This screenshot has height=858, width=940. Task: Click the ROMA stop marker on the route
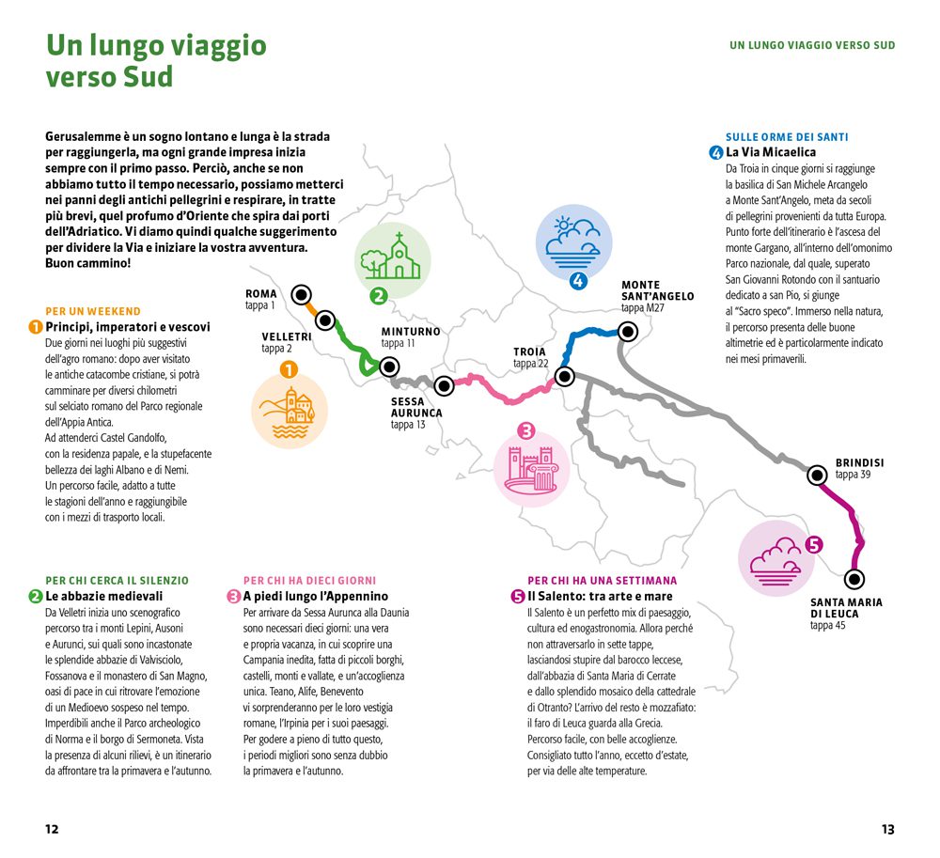click(x=301, y=294)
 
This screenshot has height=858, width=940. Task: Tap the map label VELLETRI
click(x=286, y=336)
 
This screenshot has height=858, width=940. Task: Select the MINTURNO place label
click(x=410, y=332)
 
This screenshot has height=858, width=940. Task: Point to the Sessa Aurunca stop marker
click(x=444, y=384)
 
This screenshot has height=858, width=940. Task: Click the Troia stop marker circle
click(x=564, y=376)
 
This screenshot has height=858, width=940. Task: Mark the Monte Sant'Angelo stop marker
click(x=628, y=331)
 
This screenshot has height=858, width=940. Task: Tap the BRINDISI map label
click(x=859, y=463)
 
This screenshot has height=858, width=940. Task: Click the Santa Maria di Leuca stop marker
click(x=854, y=579)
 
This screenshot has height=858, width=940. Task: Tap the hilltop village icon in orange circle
click(x=290, y=412)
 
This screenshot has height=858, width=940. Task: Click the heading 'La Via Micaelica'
click(x=770, y=152)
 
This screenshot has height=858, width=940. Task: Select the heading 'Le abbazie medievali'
click(x=103, y=596)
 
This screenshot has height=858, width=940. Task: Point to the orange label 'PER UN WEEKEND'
click(x=92, y=311)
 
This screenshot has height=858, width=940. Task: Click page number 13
click(x=887, y=830)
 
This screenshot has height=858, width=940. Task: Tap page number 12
click(x=52, y=830)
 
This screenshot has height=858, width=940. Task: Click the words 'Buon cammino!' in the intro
click(x=88, y=263)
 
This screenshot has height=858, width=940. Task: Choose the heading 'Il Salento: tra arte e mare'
click(x=600, y=596)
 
